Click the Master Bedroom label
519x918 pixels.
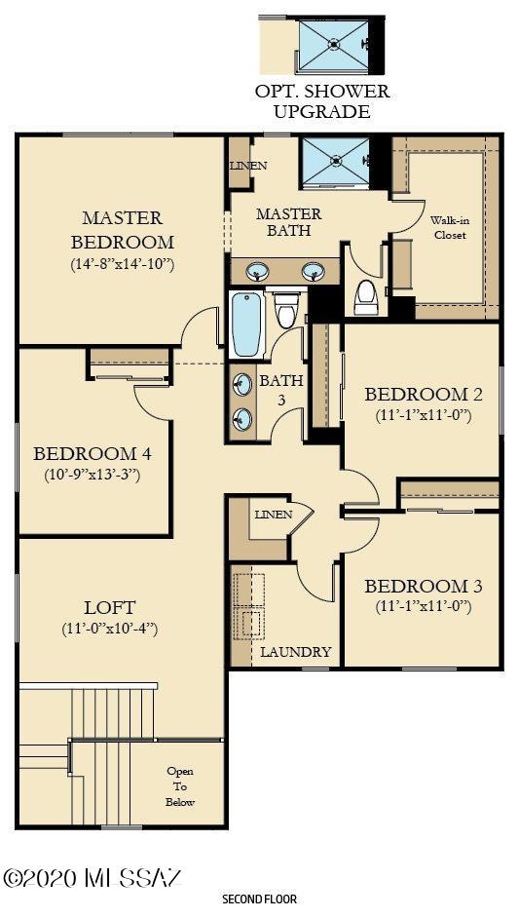(122, 230)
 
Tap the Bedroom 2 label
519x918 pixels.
(423, 395)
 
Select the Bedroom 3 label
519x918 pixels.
(423, 587)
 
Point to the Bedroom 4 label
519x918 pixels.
(92, 454)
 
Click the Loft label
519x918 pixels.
(109, 607)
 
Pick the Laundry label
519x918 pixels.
(295, 652)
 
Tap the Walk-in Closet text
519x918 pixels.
(449, 228)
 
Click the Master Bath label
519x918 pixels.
(289, 222)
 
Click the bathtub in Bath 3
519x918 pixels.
(247, 324)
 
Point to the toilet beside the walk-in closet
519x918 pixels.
(366, 296)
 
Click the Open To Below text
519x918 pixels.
(180, 786)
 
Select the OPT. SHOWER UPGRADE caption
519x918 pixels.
(322, 101)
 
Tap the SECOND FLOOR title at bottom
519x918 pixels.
(259, 899)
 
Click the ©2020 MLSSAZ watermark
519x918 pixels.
(93, 877)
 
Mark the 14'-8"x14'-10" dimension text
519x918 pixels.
(122, 263)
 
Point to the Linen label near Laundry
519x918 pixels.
(273, 515)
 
